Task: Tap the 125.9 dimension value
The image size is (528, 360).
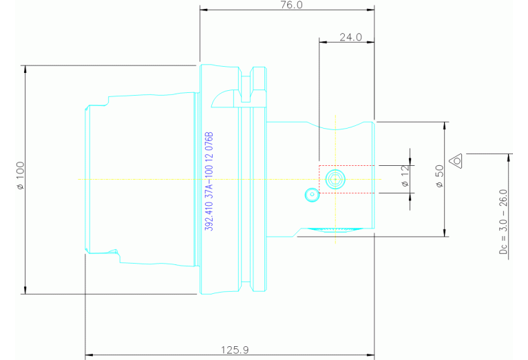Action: pos(235,350)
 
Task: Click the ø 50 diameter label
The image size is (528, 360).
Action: pos(439,178)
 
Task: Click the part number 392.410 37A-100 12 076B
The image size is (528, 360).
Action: pos(210,180)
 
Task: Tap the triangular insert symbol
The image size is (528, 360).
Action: pos(456,161)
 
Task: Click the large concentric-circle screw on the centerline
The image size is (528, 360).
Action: pos(335,179)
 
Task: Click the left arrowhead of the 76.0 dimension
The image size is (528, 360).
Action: pos(202,10)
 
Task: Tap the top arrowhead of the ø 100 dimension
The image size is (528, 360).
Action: pos(25,69)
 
